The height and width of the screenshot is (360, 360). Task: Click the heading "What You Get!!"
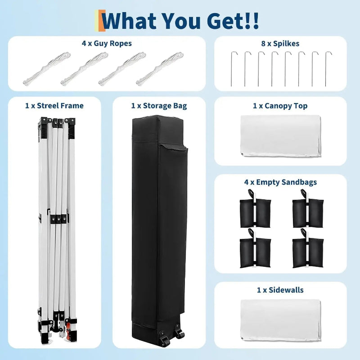tap(180, 20)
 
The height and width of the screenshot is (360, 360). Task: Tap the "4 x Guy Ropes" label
tap(107, 44)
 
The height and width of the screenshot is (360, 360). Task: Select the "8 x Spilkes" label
tap(280, 44)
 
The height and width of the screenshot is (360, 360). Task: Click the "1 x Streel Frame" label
tap(54, 106)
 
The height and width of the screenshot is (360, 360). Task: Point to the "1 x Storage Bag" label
tap(159, 106)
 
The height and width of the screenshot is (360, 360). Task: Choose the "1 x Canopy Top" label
tap(280, 106)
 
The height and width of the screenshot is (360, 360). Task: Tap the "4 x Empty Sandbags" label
tap(280, 182)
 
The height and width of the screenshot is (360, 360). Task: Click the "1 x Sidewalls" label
tap(280, 290)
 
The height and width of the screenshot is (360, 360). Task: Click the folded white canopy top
tap(281, 136)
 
